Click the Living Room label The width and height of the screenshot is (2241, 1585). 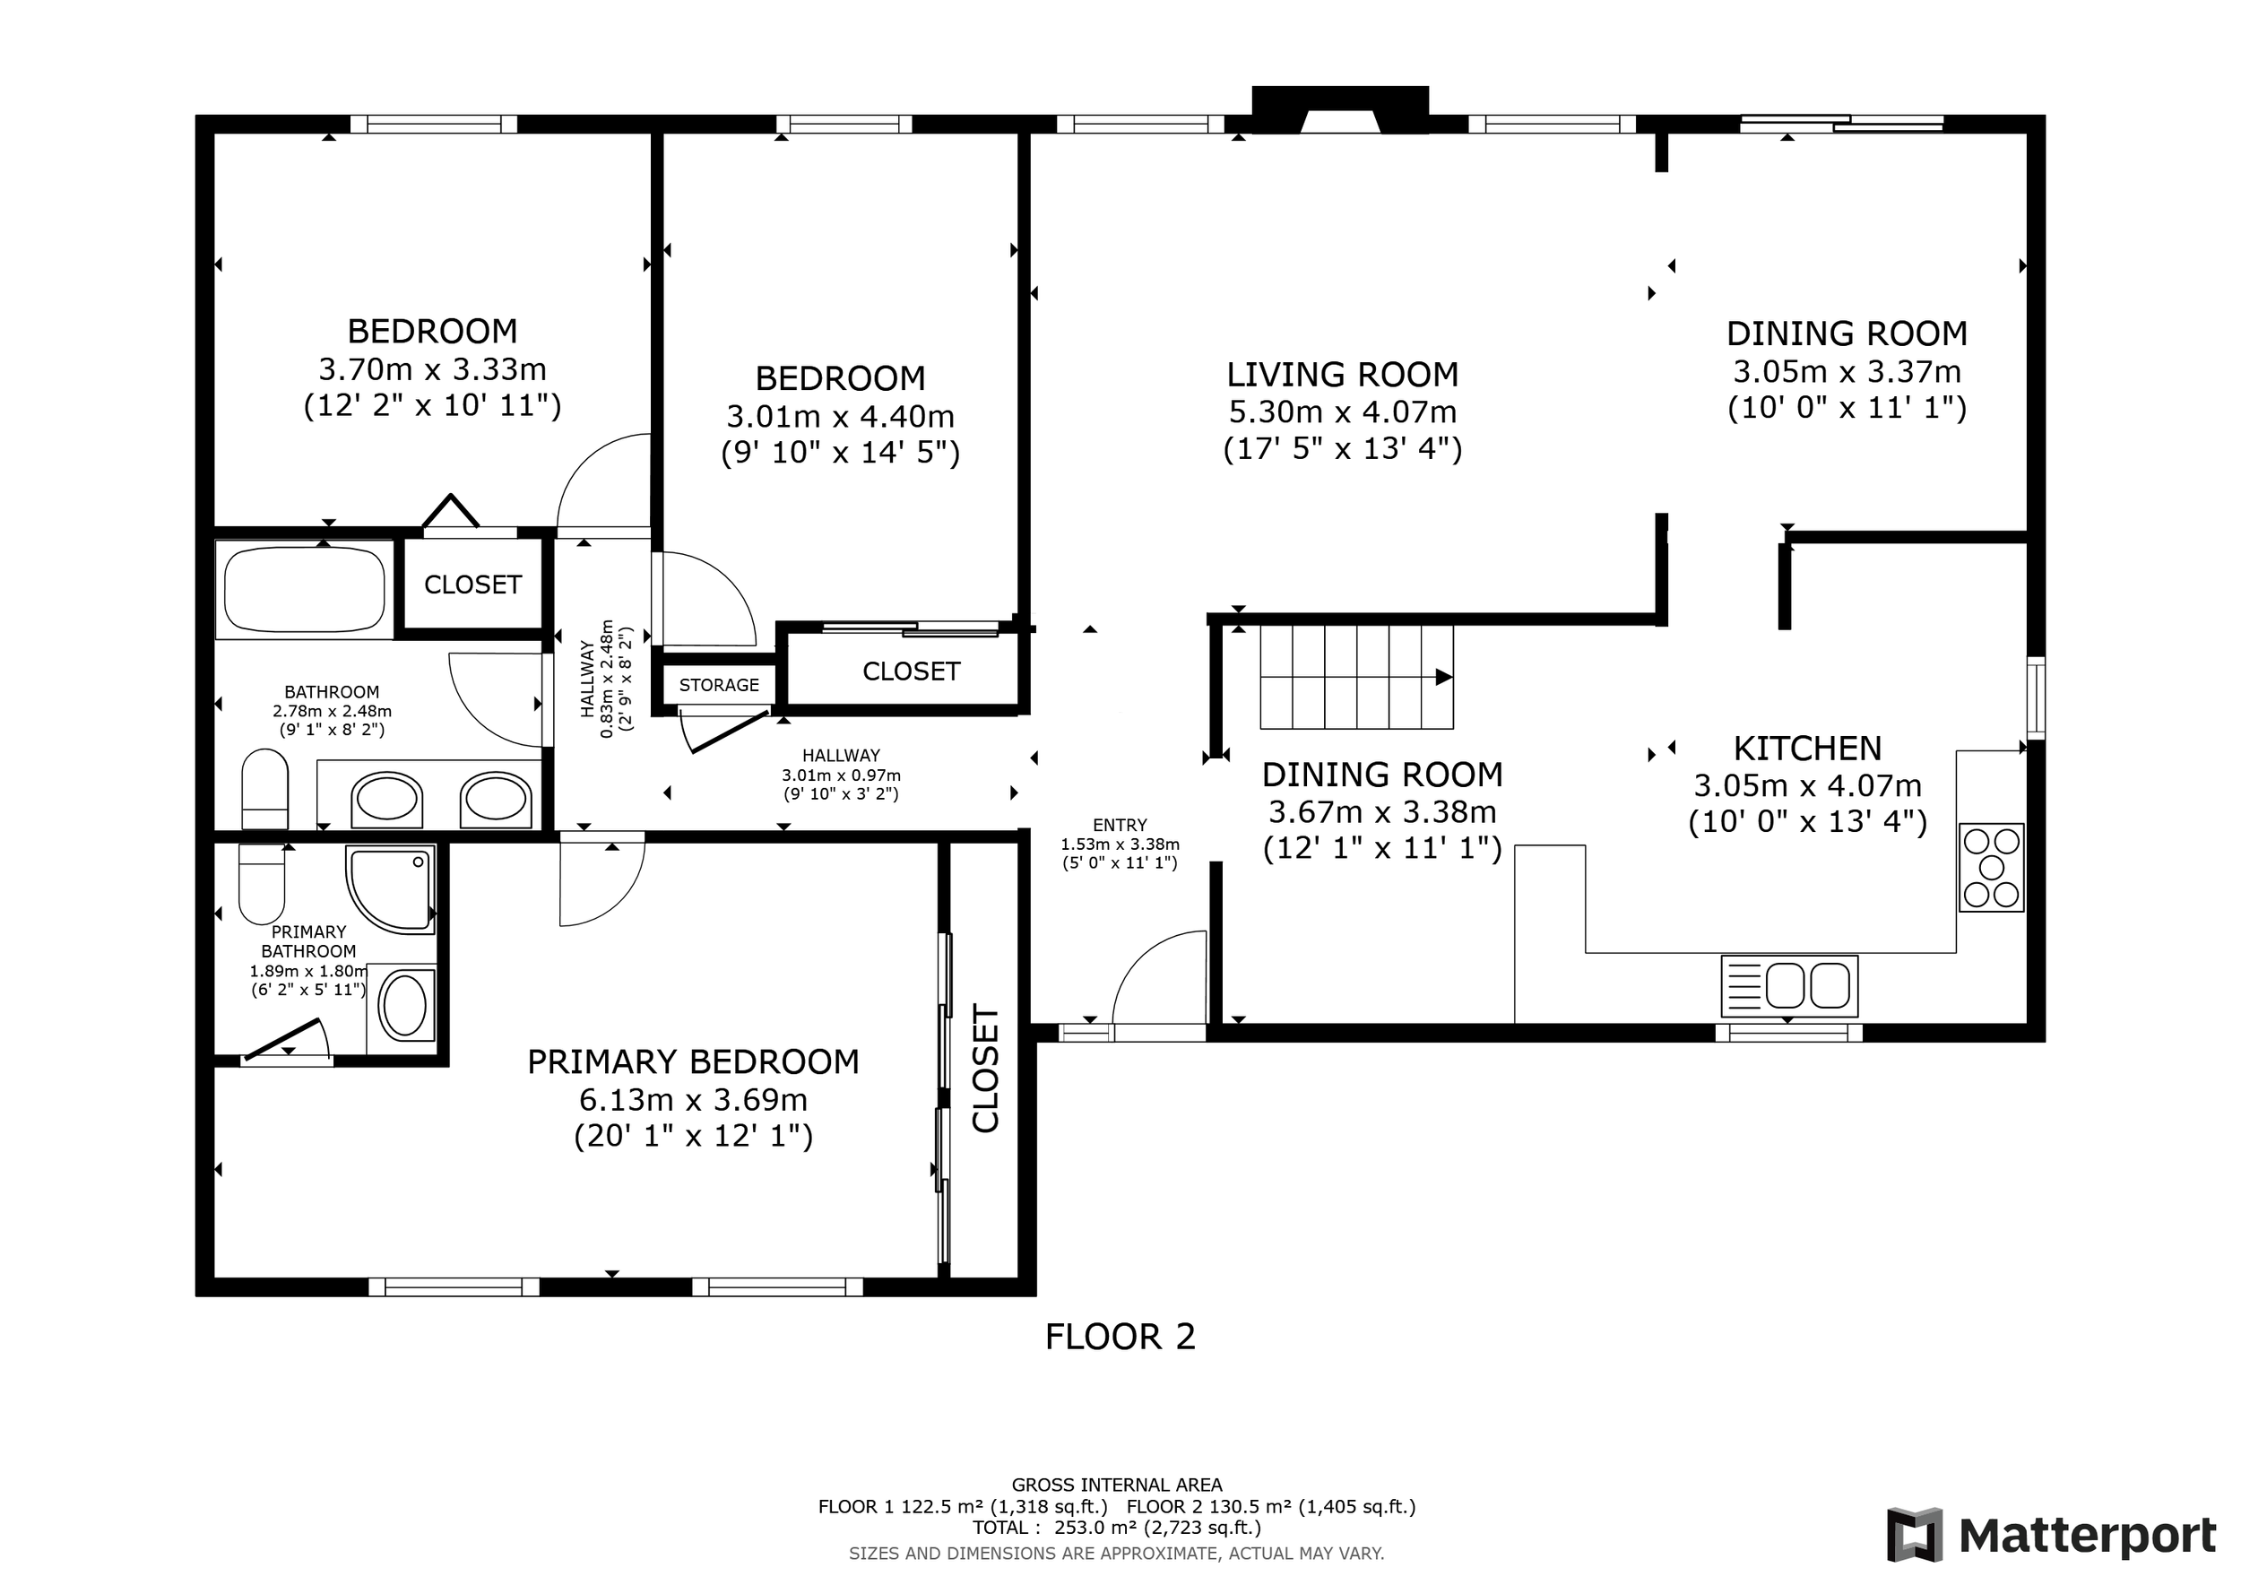pos(1342,375)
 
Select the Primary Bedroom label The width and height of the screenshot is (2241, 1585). pos(693,1061)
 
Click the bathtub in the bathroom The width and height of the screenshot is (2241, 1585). pos(304,590)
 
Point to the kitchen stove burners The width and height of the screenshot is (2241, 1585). pos(1991,868)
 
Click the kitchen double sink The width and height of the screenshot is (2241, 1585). pos(1789,986)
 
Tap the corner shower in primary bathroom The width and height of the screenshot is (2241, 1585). pos(389,890)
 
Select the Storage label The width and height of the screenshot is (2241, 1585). pos(719,685)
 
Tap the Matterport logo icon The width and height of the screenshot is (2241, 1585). pos(1915,1535)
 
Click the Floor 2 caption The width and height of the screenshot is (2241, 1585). pos(1120,1337)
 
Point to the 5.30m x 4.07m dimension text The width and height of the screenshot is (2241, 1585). pos(1342,411)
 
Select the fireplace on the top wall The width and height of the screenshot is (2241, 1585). pos(1341,109)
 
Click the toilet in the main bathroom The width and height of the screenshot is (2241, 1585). pos(264,789)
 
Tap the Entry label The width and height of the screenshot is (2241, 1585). pos(1120,825)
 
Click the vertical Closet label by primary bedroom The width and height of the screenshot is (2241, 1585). pos(986,1069)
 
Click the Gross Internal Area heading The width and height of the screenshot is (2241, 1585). pos(1117,1485)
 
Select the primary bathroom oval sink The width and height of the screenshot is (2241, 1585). pos(402,1005)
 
